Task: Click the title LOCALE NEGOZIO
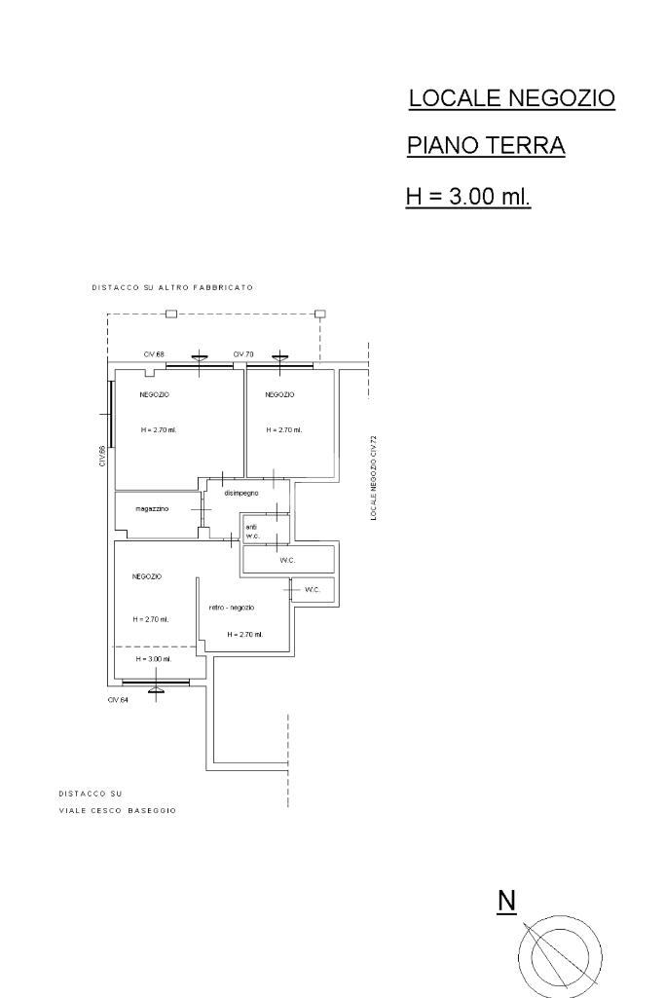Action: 511,98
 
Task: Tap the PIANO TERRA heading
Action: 486,146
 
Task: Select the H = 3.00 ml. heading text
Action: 468,196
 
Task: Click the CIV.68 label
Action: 154,353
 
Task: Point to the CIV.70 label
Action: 243,353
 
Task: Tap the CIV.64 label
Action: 118,700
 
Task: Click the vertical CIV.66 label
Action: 102,457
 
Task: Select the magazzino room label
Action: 152,509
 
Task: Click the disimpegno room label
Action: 241,494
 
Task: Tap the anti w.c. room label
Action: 252,532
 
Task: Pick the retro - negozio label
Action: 232,608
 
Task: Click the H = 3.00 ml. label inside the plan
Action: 154,659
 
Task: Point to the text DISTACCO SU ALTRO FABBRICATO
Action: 172,287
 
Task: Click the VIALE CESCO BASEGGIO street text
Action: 117,811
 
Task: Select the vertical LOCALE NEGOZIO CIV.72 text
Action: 374,478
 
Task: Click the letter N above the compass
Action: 506,902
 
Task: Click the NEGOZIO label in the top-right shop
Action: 280,395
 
